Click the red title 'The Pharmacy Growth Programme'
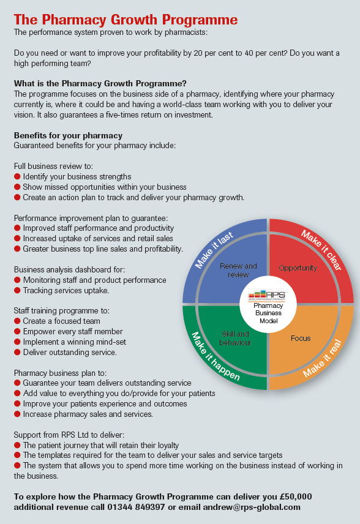pos(126,20)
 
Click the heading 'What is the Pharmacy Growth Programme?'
pos(100,83)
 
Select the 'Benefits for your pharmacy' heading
pos(68,135)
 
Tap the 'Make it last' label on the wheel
pos(214,250)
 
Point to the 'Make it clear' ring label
pos(321,250)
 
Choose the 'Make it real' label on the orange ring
pos(323,358)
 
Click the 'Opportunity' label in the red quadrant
pos(298,268)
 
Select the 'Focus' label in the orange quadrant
pos(301,338)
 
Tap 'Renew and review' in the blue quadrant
pos(238,271)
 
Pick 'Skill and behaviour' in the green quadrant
pos(235,338)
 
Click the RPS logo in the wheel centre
pos(267,296)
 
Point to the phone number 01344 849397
pos(136,507)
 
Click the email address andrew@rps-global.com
pos(252,507)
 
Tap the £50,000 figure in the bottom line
pos(296,496)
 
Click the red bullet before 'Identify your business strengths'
pos(17,176)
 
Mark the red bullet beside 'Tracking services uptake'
pos(17,290)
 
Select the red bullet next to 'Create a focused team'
pos(17,321)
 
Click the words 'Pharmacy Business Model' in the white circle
pos(268,313)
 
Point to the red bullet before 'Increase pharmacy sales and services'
pos(17,414)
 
